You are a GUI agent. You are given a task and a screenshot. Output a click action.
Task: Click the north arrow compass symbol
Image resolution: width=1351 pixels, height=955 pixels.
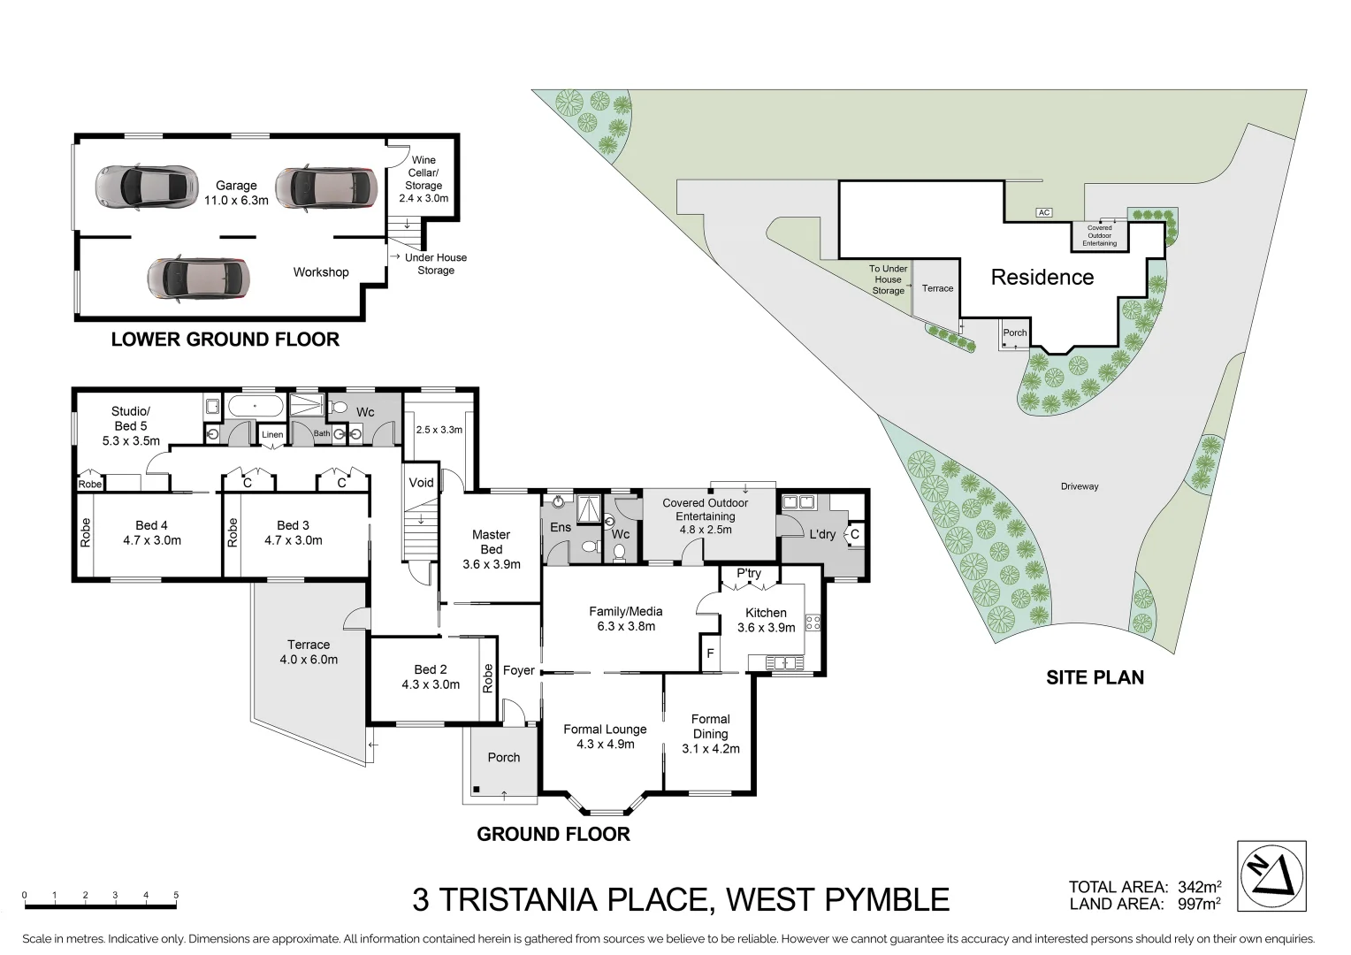(x=1271, y=875)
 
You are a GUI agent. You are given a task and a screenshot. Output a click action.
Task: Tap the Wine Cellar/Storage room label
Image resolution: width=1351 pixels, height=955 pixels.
(x=424, y=179)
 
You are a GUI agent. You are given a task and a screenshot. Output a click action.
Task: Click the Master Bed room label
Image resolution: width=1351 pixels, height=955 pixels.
(x=491, y=548)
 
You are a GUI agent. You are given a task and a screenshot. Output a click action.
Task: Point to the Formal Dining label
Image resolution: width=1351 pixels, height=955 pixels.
(x=710, y=733)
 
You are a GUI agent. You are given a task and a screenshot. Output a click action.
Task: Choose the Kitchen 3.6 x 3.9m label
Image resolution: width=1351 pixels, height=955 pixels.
(x=766, y=620)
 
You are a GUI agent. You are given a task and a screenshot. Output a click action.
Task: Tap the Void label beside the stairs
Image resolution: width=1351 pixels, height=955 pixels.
(x=421, y=482)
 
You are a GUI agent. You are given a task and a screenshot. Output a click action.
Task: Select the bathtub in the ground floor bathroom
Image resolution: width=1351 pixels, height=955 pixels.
(x=256, y=408)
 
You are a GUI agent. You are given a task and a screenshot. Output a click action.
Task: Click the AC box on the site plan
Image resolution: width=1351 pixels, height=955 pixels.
(x=1044, y=212)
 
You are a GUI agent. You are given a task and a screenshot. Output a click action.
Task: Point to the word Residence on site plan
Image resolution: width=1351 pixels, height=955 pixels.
(x=1042, y=278)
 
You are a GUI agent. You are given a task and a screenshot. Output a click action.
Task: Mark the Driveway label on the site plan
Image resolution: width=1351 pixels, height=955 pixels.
(x=1080, y=486)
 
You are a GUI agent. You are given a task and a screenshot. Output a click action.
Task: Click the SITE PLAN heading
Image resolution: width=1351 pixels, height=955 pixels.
(x=1095, y=677)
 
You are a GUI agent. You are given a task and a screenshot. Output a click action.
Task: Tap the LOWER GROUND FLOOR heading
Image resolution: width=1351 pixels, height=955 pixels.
(x=225, y=340)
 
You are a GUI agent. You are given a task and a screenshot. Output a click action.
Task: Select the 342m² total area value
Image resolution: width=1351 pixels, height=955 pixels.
(x=1199, y=887)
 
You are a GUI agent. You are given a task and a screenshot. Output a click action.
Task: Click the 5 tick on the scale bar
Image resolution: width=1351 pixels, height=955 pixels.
(x=176, y=896)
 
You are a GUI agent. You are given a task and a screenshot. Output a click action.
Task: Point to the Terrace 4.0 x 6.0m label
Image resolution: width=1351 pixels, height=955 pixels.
(x=309, y=652)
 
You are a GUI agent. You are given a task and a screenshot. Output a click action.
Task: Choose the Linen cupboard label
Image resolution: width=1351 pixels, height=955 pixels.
(x=272, y=434)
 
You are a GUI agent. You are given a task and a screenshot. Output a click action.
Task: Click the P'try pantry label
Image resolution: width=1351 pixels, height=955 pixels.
(x=748, y=573)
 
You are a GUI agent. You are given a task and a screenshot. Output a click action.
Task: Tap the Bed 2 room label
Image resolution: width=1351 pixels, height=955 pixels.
(x=431, y=676)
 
